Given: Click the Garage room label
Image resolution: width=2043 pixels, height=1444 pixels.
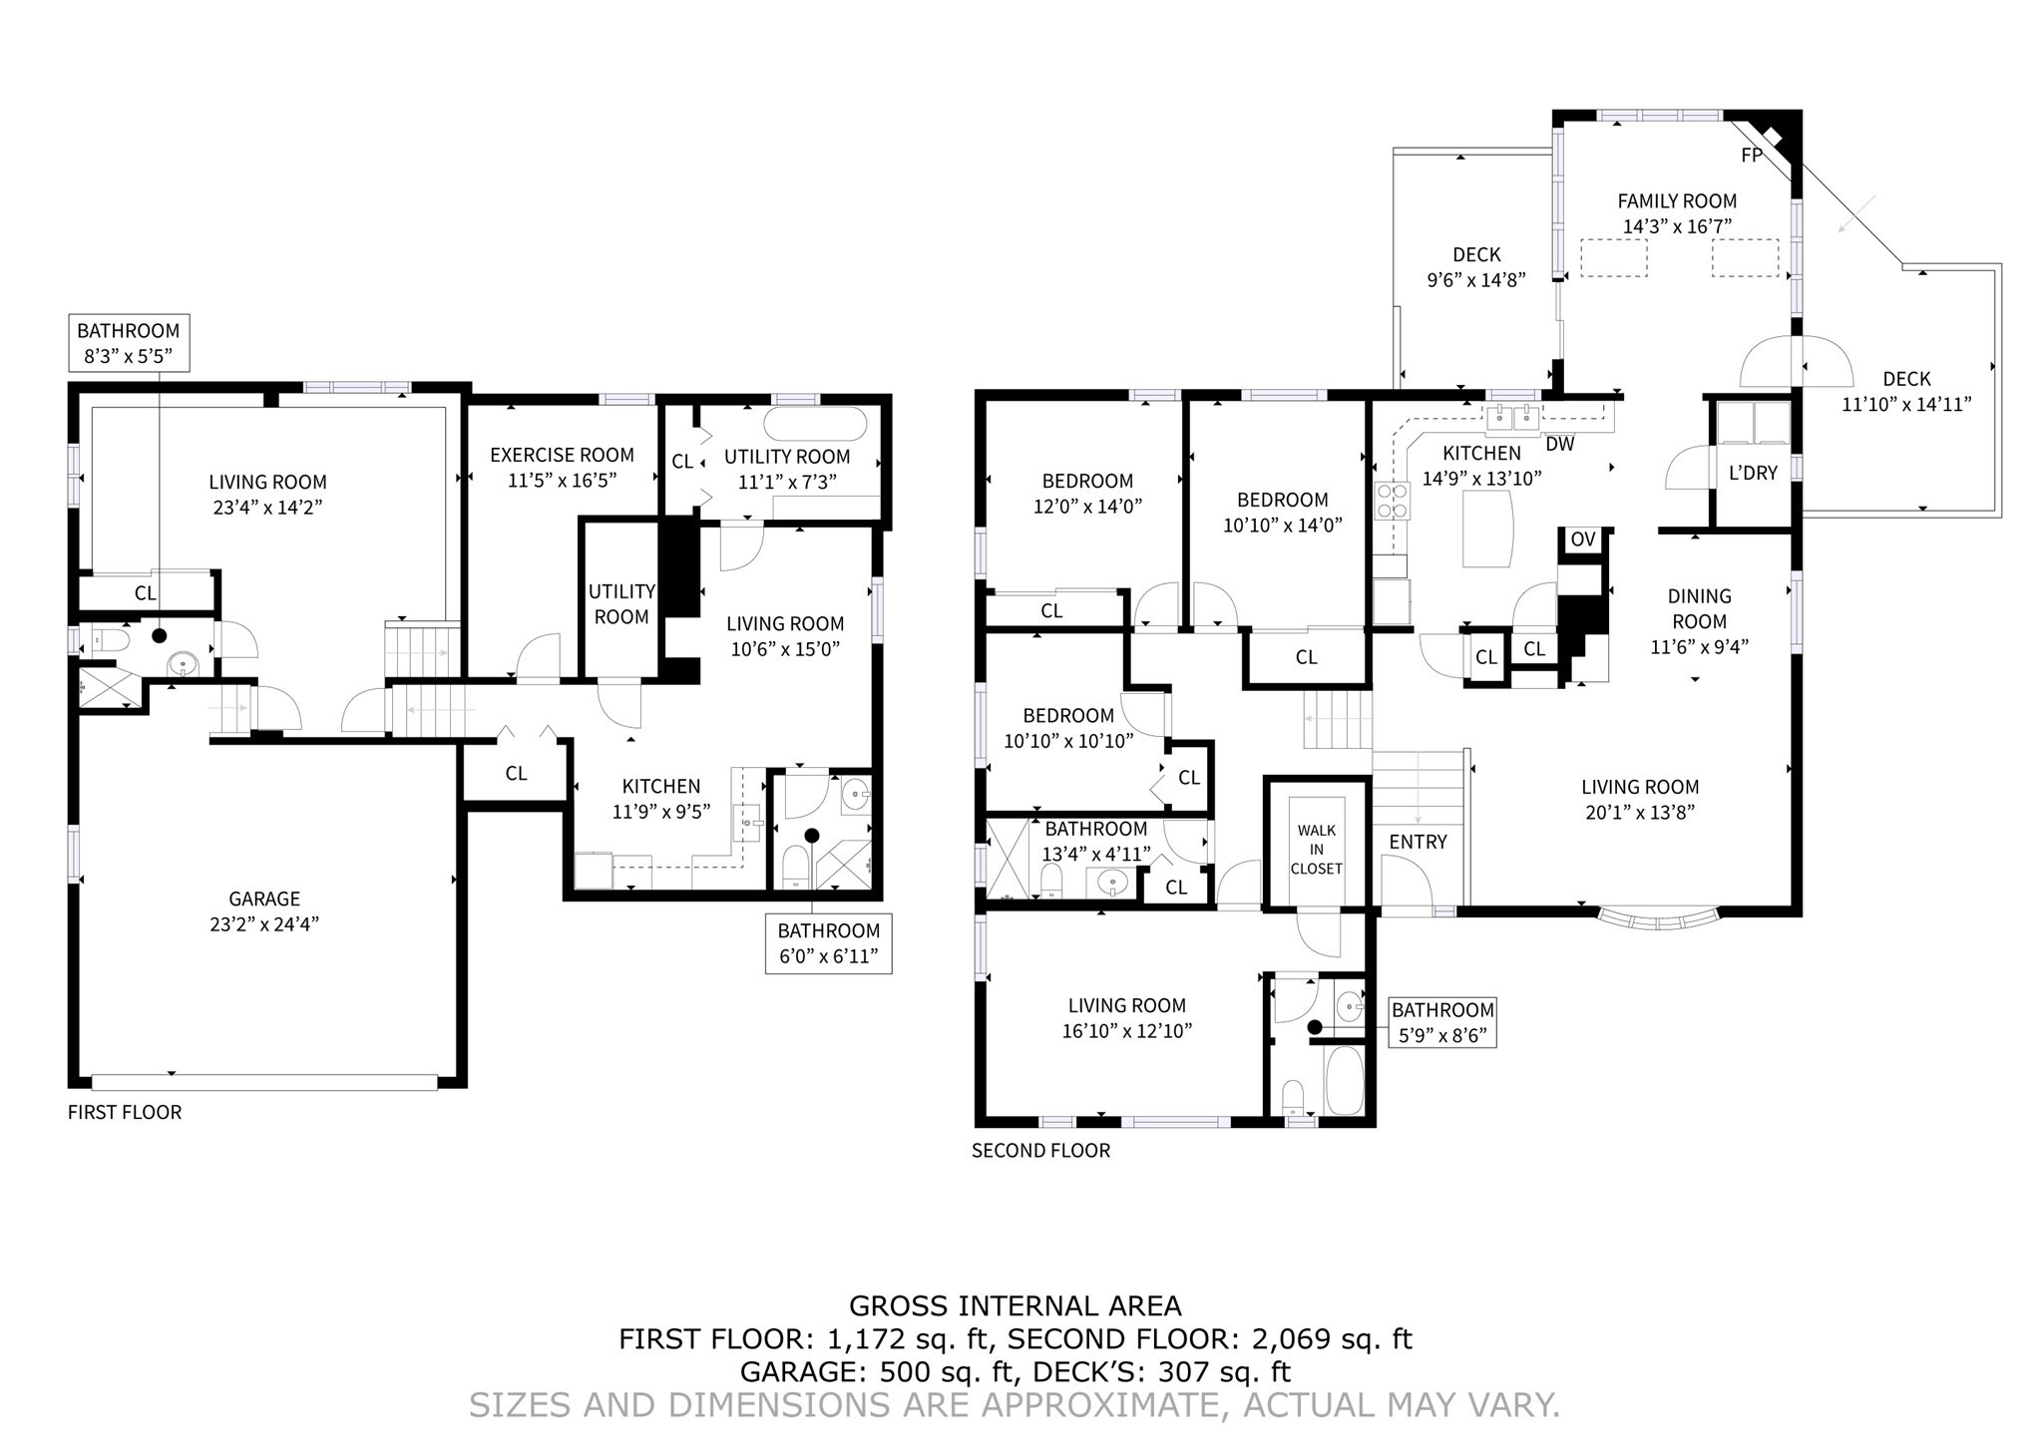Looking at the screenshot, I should click(263, 899).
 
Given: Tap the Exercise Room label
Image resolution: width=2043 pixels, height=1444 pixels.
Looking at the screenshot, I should click(562, 455).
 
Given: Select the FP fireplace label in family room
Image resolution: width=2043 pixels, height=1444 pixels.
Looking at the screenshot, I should click(1751, 156).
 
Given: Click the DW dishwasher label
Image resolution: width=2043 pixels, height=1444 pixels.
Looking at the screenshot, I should click(1559, 444).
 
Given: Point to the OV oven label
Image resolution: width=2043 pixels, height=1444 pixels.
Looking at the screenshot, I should click(1583, 540).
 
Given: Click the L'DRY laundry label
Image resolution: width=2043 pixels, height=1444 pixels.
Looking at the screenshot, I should click(1753, 473).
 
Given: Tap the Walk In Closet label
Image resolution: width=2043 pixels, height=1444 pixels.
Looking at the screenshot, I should click(1316, 849).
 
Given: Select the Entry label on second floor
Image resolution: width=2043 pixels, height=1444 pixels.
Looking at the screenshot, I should click(1418, 842).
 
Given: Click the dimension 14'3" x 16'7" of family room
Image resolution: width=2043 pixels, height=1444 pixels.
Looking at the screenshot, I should click(1677, 226).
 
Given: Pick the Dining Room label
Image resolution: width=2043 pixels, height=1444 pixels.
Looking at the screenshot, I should click(1699, 608).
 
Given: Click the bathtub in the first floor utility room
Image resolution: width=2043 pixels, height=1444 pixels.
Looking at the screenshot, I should click(815, 425).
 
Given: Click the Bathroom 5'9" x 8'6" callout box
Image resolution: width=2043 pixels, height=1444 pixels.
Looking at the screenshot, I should click(1442, 1022).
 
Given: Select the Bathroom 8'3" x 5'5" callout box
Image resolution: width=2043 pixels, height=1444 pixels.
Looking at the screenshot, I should click(129, 343).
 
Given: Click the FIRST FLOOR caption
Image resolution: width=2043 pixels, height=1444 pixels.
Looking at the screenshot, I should click(125, 1112).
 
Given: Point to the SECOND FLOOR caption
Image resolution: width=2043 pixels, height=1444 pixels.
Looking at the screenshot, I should click(1040, 1150).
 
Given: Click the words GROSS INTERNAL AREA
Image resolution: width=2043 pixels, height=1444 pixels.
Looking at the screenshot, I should click(1015, 1305).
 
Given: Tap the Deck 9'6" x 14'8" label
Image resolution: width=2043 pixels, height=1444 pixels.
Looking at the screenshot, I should click(1476, 267).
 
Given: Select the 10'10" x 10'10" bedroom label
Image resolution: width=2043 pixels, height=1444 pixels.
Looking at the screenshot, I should click(1068, 728).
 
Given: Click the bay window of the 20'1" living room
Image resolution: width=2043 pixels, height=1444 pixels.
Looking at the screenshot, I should click(1659, 917).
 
